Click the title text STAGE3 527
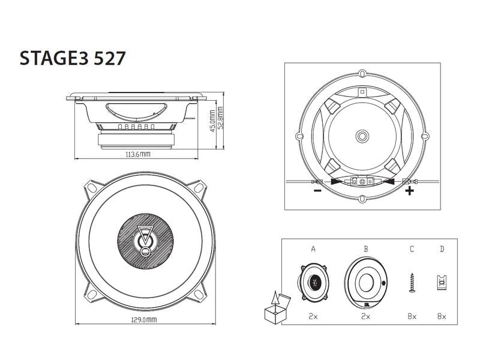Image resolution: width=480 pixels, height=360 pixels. coord(73,59)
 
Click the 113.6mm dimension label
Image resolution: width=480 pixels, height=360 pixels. coord(137,155)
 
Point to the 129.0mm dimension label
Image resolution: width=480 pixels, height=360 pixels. coord(144,320)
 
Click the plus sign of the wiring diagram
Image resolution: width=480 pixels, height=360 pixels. coord(410,191)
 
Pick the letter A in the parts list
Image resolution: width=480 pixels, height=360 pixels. coord(313,248)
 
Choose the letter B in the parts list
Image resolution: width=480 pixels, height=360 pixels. coord(365,248)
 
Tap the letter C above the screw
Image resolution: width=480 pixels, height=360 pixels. coord(412,248)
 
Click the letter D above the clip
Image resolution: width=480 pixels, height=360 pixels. coord(442,248)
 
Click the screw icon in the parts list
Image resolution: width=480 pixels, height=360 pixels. coord(412,282)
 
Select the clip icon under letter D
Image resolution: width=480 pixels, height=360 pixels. coord(442,281)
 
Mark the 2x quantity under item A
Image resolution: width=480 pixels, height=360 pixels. coord(313,316)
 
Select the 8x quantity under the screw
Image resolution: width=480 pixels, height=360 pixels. coord(412,316)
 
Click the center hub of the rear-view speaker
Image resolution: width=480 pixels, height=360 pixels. coord(362,136)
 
